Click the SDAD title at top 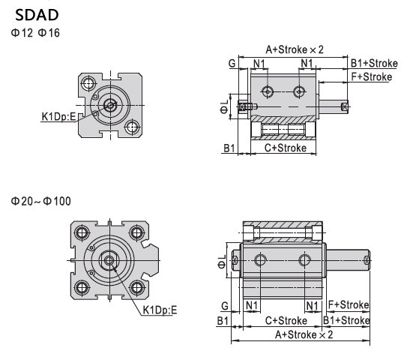(37, 15)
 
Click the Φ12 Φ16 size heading (35, 33)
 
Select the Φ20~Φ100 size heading (41, 201)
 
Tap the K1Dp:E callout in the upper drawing (59, 116)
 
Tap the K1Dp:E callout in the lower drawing (160, 310)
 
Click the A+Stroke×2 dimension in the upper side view (295, 49)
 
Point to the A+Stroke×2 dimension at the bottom (304, 334)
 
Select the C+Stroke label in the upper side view (286, 148)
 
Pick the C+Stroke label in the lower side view (286, 321)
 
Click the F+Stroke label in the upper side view (372, 76)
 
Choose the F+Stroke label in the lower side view (349, 304)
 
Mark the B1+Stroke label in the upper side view (374, 64)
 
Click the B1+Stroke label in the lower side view (346, 320)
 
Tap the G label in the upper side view (232, 64)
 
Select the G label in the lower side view (225, 306)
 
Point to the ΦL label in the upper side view (224, 106)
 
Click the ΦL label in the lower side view (222, 262)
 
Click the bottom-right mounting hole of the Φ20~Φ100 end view (137, 288)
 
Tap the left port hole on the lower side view (261, 260)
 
